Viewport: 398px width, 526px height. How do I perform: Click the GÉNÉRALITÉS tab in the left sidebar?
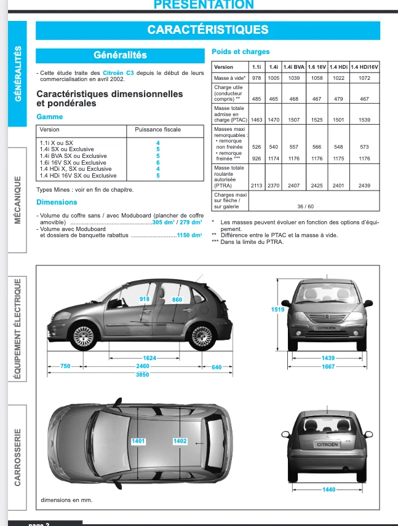[x=17, y=74]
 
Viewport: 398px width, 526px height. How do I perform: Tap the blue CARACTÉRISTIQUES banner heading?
[x=207, y=29]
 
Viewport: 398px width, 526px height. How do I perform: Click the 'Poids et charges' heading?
[x=241, y=52]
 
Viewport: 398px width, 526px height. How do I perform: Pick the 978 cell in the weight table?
[x=257, y=79]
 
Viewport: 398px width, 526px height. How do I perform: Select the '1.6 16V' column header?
[x=316, y=66]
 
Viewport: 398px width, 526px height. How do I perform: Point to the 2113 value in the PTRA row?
[x=257, y=185]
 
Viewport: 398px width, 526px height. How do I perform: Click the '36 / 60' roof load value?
[x=305, y=206]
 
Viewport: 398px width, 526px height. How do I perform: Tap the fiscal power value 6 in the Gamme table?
[x=158, y=163]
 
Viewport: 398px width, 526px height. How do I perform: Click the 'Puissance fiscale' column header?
[x=158, y=130]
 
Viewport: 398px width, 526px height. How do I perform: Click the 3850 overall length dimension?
[x=142, y=374]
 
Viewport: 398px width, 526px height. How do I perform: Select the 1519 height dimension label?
[x=277, y=310]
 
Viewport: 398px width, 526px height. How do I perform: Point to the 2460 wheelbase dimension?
[x=142, y=366]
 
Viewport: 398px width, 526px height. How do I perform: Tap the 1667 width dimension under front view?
[x=327, y=366]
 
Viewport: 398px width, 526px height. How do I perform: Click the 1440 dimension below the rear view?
[x=329, y=490]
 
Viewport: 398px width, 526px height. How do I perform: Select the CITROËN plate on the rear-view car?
[x=327, y=444]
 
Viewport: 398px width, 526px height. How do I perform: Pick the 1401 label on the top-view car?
[x=139, y=441]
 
